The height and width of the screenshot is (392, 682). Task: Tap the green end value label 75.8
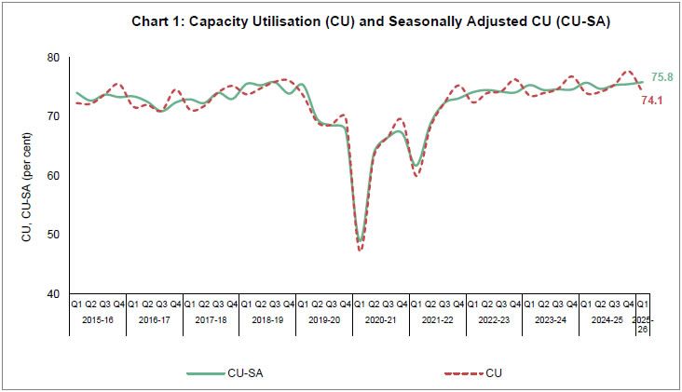[662, 76]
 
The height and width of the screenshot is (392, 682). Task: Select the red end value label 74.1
[651, 100]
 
